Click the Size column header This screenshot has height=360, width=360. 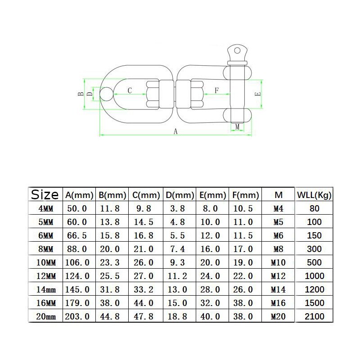tap(45, 195)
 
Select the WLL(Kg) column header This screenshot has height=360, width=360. tap(314, 195)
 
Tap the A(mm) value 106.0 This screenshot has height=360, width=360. tap(77, 262)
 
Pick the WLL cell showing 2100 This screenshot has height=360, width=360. tap(314, 316)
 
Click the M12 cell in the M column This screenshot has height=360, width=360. tap(278, 276)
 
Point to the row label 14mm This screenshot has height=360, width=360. tap(46, 289)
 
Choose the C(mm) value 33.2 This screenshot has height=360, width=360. tap(144, 289)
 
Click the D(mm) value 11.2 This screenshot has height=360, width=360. tap(177, 276)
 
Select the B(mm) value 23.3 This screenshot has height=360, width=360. tap(110, 262)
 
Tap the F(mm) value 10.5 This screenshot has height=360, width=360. tap(243, 208)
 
